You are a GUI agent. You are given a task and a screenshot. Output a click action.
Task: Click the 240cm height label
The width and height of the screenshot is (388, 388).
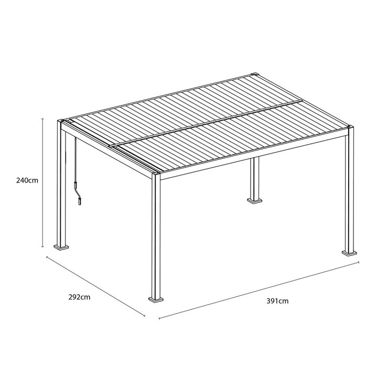(27, 180)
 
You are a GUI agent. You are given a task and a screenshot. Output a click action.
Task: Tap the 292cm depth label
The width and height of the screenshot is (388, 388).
(79, 297)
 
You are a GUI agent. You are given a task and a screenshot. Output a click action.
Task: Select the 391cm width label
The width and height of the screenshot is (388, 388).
(277, 301)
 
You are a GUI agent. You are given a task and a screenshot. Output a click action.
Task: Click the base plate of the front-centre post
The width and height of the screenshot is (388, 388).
(156, 299)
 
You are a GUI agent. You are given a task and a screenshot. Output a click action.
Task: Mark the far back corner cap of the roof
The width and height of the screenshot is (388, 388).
(254, 73)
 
